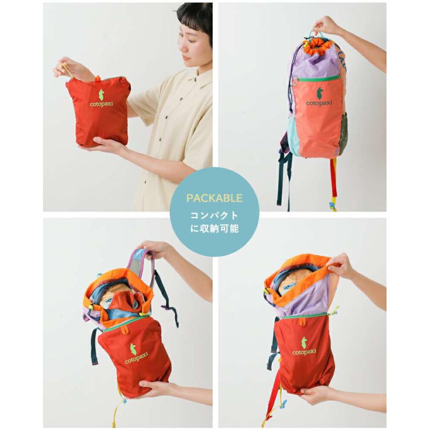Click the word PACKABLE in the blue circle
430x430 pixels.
coord(215,197)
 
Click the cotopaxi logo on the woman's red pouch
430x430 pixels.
coord(99,97)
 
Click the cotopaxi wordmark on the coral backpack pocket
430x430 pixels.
coord(319,102)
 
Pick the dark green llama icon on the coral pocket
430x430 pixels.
coord(319,91)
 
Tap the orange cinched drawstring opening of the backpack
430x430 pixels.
coord(319,45)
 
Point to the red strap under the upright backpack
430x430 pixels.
coord(333,177)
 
